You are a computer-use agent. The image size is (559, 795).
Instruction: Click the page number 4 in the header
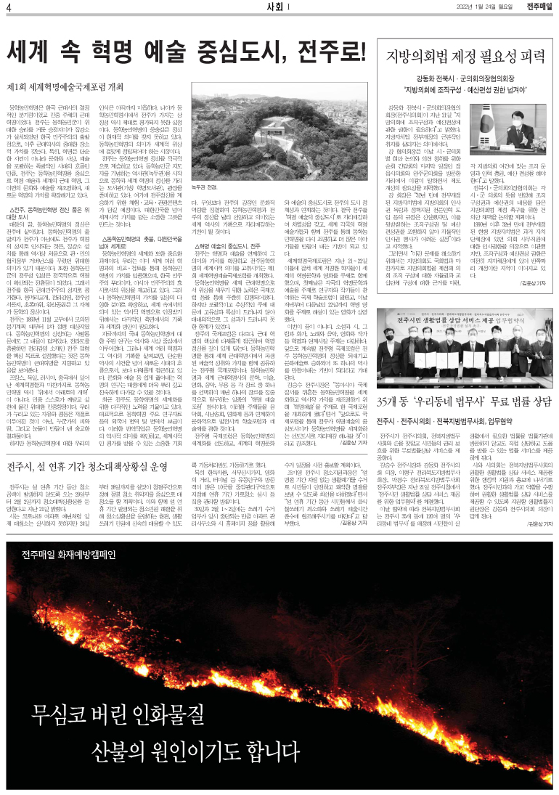(8, 7)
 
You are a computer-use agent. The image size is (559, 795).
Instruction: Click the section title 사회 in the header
(275, 7)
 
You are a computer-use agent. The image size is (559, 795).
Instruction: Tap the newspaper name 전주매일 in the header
(539, 7)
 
